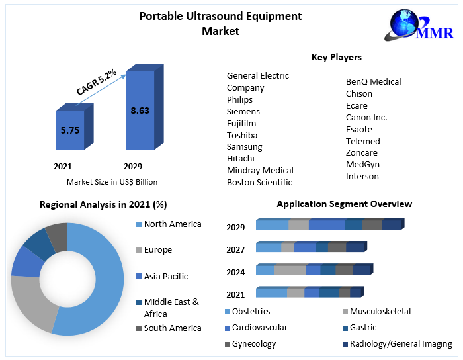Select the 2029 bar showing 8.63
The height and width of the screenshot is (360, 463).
click(140, 110)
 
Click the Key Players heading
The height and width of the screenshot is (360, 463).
click(336, 58)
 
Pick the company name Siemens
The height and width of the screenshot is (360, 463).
click(243, 111)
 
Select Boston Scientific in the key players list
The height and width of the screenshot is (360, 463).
click(259, 182)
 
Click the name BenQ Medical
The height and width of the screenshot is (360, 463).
click(373, 81)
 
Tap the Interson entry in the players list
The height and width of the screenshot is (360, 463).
click(362, 176)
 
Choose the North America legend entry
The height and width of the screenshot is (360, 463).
click(172, 224)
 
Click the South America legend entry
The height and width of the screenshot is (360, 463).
click(172, 328)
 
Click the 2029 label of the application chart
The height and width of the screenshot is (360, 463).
click(235, 227)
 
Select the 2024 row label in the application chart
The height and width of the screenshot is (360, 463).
click(235, 272)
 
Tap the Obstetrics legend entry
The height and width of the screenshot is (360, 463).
click(251, 311)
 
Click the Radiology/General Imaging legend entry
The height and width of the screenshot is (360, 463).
click(401, 344)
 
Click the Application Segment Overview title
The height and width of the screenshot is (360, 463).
click(344, 204)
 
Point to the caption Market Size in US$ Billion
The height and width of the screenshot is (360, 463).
click(112, 181)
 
